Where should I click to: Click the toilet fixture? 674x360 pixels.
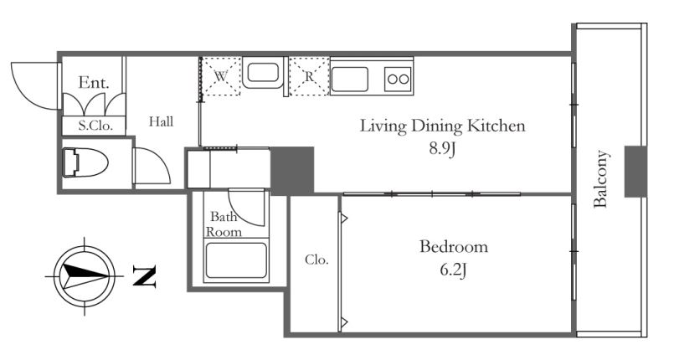pyautogui.click(x=85, y=162)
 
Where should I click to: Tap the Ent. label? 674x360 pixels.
pyautogui.click(x=93, y=83)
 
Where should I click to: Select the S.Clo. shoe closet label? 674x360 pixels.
pyautogui.click(x=95, y=126)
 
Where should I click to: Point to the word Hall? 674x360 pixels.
pyautogui.click(x=162, y=122)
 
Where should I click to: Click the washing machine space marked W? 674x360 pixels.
pyautogui.click(x=221, y=76)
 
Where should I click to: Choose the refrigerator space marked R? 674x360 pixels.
pyautogui.click(x=310, y=76)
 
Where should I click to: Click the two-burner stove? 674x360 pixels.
pyautogui.click(x=398, y=79)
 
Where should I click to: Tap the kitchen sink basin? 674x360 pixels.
pyautogui.click(x=349, y=79)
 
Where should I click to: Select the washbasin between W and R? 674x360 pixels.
pyautogui.click(x=263, y=73)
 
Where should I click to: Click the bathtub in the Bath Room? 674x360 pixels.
pyautogui.click(x=236, y=260)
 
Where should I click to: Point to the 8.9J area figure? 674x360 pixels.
pyautogui.click(x=442, y=149)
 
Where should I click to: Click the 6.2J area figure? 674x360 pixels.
pyautogui.click(x=454, y=270)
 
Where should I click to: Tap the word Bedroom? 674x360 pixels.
pyautogui.click(x=454, y=247)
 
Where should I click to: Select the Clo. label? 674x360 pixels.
pyautogui.click(x=316, y=260)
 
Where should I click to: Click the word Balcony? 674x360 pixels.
pyautogui.click(x=600, y=178)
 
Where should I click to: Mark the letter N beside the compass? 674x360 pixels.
pyautogui.click(x=144, y=275)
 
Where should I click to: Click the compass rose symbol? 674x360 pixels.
pyautogui.click(x=85, y=275)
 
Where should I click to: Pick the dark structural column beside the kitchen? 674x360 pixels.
pyautogui.click(x=292, y=171)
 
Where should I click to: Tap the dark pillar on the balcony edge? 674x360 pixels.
pyautogui.click(x=635, y=172)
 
